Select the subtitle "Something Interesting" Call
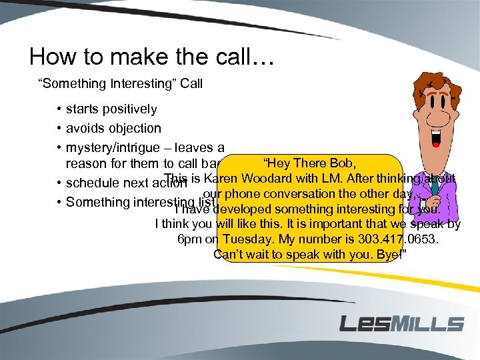(120, 84)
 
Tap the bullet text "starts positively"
(111, 109)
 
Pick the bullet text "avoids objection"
(113, 128)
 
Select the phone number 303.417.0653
(399, 239)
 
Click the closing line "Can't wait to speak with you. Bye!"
(319, 255)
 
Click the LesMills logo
(401, 324)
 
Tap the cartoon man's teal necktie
(434, 183)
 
